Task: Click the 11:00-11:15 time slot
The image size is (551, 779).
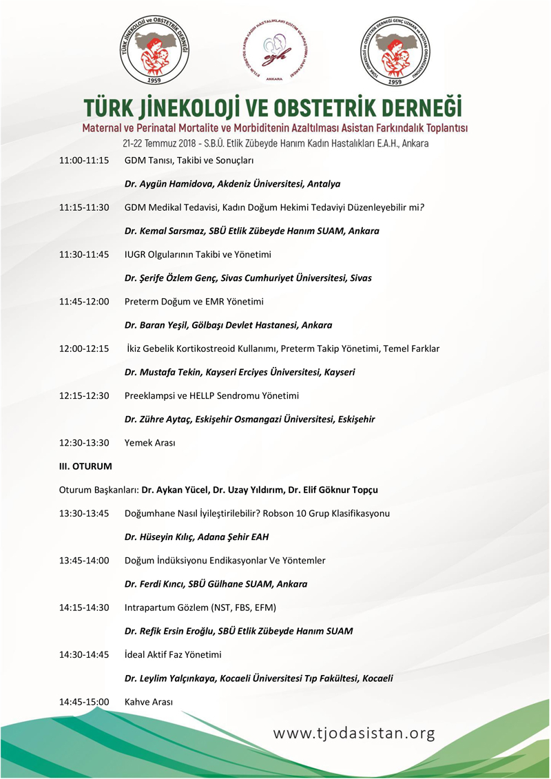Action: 84,160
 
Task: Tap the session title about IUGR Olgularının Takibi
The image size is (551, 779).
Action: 198,254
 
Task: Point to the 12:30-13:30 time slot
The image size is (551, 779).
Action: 84,443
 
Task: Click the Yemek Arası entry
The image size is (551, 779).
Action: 149,443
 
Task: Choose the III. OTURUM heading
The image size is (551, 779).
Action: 85,466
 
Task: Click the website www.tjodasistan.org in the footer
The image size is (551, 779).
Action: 354,734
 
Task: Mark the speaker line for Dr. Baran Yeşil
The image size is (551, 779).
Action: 228,324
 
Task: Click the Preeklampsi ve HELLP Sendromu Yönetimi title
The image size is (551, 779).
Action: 211,395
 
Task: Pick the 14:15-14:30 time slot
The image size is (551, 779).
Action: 84,607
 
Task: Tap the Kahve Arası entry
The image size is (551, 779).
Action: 148,701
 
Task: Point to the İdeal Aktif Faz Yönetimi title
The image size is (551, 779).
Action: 173,654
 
